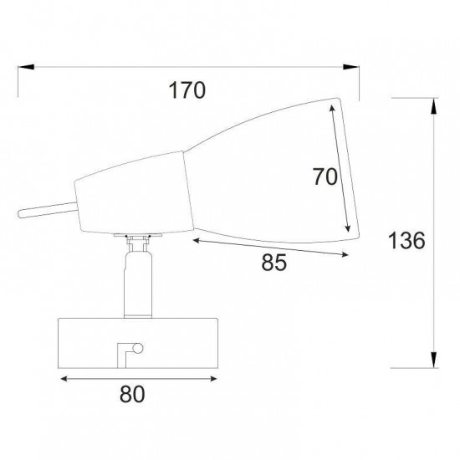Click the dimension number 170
click(x=187, y=90)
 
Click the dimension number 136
click(x=406, y=241)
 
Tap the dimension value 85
click(x=273, y=263)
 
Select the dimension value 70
click(x=325, y=177)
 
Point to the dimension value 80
click(x=132, y=394)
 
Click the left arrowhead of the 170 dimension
click(x=26, y=67)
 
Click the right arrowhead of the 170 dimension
click(x=351, y=67)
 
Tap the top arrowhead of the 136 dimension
click(x=433, y=106)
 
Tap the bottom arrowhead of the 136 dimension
click(x=433, y=360)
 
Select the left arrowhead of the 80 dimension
click(x=64, y=379)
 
